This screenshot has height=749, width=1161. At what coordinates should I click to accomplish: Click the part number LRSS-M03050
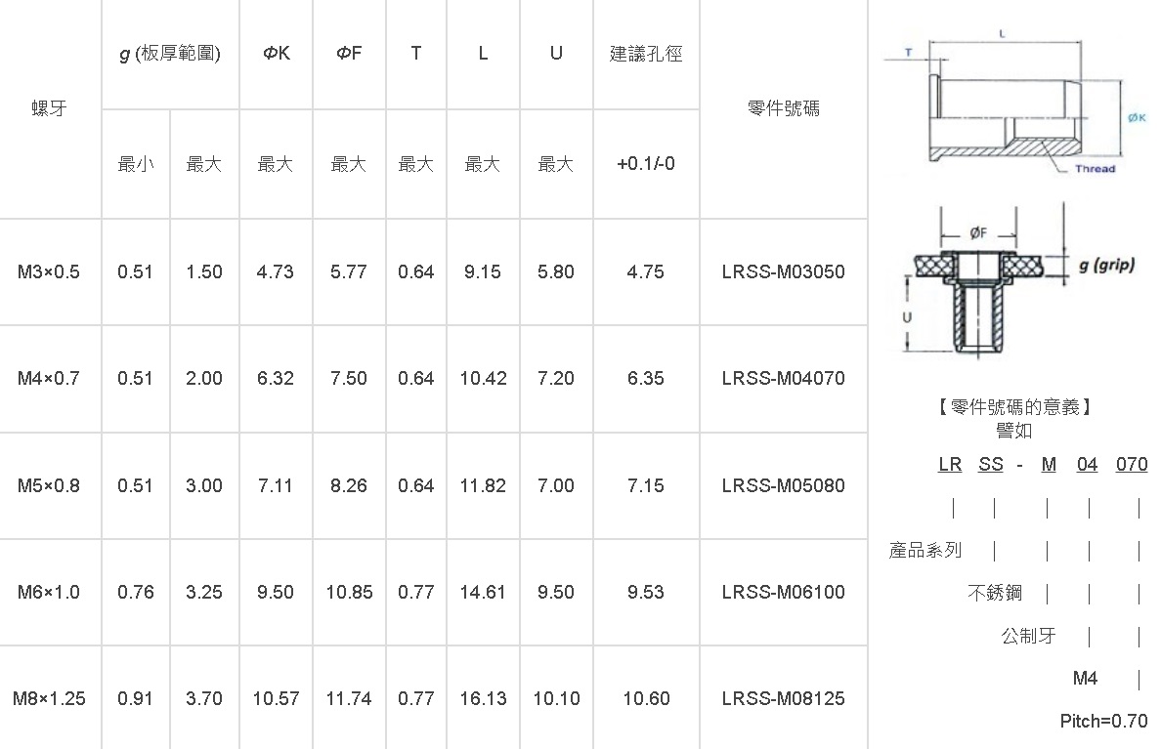pos(784,271)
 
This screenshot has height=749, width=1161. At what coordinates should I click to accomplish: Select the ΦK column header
pos(277,54)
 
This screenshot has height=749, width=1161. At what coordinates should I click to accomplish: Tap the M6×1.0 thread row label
pos(49,592)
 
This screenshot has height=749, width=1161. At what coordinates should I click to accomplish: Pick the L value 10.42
pos(483,378)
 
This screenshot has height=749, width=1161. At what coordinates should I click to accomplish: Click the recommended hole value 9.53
pos(646,592)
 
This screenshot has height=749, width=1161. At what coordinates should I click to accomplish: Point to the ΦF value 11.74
pos(349,698)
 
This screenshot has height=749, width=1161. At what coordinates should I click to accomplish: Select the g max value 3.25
pos(204,592)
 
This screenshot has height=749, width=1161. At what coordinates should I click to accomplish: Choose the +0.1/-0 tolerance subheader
pos(646,163)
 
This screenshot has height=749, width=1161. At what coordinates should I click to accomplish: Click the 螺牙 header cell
pos(50,108)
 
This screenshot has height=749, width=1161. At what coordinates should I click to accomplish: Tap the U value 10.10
pos(556,698)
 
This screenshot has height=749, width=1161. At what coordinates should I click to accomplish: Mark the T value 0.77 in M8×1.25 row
pos(416,698)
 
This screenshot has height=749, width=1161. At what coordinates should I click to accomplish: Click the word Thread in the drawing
pos(1096,169)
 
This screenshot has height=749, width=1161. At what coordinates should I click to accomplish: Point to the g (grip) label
pos(1106,265)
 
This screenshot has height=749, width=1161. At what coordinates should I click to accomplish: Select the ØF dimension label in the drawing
pos(978,233)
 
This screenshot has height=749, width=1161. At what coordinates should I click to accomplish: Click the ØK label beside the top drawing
pos(1137,118)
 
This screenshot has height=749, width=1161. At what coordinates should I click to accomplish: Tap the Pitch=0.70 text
pos(1103,721)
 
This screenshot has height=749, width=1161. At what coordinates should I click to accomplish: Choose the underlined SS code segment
pos(991,465)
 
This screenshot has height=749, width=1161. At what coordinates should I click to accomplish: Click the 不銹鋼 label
pos(995,593)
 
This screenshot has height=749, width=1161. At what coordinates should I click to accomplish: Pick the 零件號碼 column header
pos(784,108)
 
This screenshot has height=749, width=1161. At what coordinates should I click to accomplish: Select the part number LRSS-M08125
pos(784,698)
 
